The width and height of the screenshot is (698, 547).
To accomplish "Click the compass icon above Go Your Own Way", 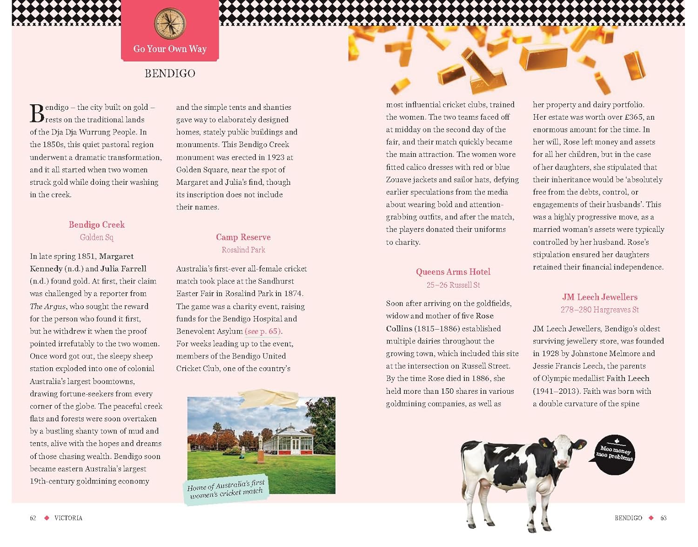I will pos(170,24).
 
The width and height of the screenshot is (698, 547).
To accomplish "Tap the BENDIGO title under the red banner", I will pos(170,74).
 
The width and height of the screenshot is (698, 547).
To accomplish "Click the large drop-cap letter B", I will pos(37,114).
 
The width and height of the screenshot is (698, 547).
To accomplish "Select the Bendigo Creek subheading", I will pos(97,225).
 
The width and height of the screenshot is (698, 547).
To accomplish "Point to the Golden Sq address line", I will pos(96,237).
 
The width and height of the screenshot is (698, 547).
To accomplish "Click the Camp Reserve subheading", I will pos(243,237).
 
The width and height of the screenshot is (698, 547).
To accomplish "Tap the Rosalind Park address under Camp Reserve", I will pos(243,250).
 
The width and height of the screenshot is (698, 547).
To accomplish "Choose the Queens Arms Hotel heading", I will pos(453,272).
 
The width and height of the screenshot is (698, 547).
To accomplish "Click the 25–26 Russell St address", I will pos(453,285).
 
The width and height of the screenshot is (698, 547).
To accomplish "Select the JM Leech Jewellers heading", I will pos(599,297).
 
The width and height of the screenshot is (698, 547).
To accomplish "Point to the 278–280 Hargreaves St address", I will pos(599,310).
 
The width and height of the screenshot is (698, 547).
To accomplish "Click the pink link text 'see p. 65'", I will pos(263,331).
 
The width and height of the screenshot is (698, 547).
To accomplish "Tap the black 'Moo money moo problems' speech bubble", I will pos(615,454).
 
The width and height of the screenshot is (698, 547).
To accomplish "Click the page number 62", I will pos(33,518).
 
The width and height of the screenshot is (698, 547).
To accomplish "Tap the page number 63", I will pos(664,518).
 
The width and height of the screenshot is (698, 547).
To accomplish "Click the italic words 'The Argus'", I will pos(48,306).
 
